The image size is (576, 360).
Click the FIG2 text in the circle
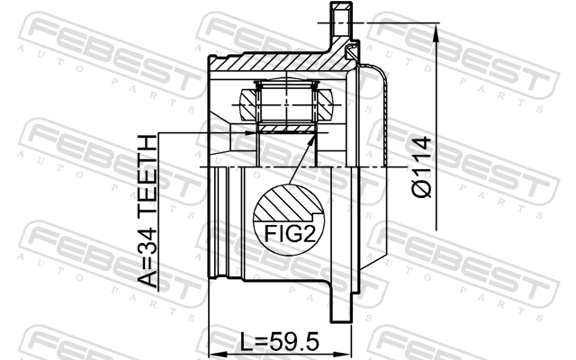[x=290, y=234]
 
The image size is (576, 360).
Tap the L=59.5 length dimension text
[x=280, y=342]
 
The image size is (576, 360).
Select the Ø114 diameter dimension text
[x=421, y=166]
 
